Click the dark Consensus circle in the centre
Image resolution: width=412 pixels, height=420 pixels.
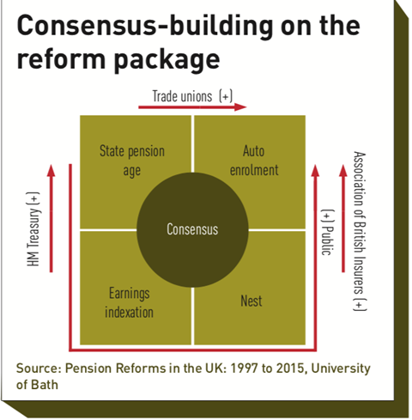[192, 230]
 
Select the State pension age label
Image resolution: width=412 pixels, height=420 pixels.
[132, 161]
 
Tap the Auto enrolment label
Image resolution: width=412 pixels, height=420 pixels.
[254, 161]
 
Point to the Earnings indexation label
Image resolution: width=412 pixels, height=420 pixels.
[129, 302]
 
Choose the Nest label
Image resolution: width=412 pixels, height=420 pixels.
[251, 301]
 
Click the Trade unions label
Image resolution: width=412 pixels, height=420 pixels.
[182, 96]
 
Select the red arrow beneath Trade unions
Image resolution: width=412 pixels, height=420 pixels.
[192, 107]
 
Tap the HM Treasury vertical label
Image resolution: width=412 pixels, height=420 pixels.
[33, 229]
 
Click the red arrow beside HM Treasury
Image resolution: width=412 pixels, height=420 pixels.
[51, 218]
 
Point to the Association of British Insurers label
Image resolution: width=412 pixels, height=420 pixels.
[360, 231]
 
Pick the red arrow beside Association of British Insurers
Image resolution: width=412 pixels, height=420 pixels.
[343, 218]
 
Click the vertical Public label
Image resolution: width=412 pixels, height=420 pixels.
[327, 232]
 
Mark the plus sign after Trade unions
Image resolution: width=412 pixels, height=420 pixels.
[226, 96]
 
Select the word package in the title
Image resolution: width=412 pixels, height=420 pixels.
[167, 60]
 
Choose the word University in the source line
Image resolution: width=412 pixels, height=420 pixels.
[341, 369]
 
